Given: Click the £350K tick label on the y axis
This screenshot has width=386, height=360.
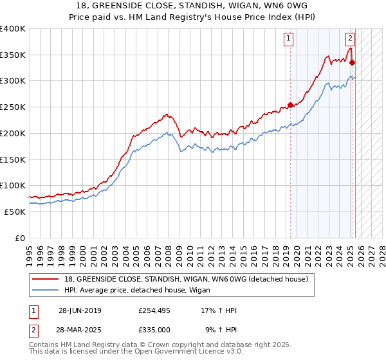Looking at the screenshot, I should click(x=13, y=55).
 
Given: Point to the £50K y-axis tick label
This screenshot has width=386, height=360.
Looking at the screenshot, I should click(x=15, y=212).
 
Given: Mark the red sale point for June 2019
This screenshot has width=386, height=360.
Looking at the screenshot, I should click(x=290, y=105).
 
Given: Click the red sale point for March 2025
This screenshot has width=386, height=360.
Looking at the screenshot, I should click(x=353, y=63).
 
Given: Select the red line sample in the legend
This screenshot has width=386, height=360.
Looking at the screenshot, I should click(x=46, y=278).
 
